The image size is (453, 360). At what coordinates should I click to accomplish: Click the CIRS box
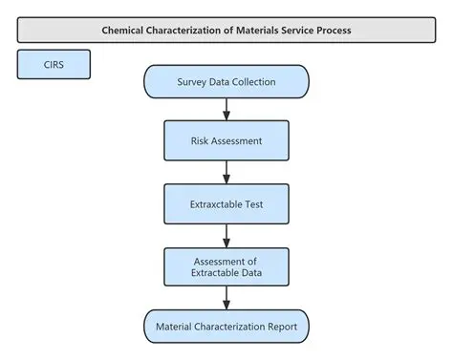(x=54, y=65)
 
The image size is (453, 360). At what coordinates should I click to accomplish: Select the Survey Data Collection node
(x=226, y=81)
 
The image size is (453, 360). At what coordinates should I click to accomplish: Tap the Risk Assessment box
(x=226, y=139)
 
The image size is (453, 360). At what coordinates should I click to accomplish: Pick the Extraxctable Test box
(x=226, y=202)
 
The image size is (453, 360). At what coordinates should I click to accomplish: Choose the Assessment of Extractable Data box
(x=226, y=267)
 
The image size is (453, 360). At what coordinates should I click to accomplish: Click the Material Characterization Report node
(x=226, y=327)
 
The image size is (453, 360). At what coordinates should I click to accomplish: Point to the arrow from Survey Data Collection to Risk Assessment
(x=226, y=108)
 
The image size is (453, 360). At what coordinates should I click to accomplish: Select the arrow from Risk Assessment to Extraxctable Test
(x=226, y=171)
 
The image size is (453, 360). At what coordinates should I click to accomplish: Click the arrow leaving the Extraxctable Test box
(x=226, y=235)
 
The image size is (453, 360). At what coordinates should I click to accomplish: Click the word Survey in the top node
(x=193, y=81)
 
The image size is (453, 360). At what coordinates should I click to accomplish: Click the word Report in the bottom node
(x=279, y=327)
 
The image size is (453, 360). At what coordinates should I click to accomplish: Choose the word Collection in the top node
(x=254, y=81)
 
